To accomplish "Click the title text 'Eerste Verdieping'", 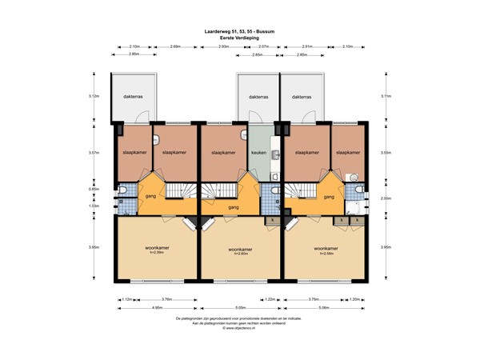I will point(239,37).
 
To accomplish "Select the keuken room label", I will point(258,152).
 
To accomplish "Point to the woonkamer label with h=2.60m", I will point(239,250).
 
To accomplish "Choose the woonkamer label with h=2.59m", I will point(155,250).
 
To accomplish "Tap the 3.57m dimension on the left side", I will point(94,152).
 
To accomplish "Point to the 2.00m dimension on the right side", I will point(386,198).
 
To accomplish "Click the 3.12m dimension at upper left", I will point(94,96).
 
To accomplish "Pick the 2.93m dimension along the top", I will point(224,47).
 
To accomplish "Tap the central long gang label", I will point(233,208).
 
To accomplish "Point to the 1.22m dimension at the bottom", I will point(270,299).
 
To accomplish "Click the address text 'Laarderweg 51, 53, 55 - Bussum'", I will point(239,31).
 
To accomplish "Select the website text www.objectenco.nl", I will point(239,328).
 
